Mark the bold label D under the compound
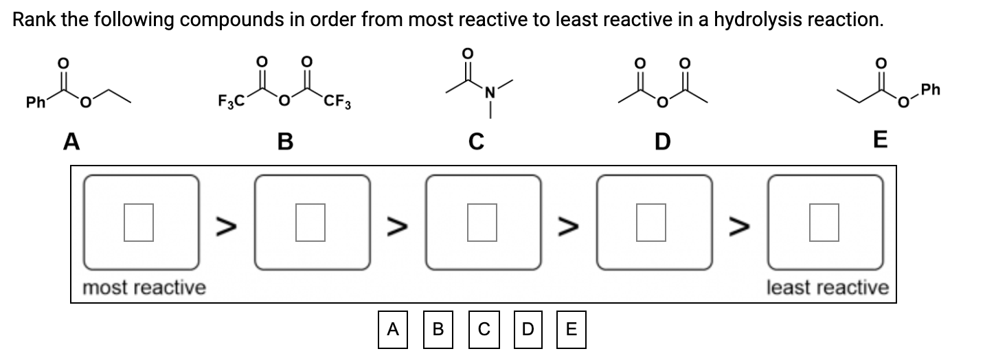(x=661, y=142)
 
